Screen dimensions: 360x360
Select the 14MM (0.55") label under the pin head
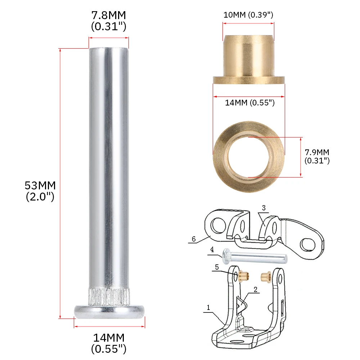[109, 343]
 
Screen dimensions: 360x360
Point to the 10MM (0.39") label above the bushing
[248, 15]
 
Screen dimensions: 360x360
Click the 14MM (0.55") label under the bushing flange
[249, 103]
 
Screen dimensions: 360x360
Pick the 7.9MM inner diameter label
[317, 156]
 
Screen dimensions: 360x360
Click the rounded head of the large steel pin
[109, 311]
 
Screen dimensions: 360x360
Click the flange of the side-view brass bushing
[249, 80]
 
